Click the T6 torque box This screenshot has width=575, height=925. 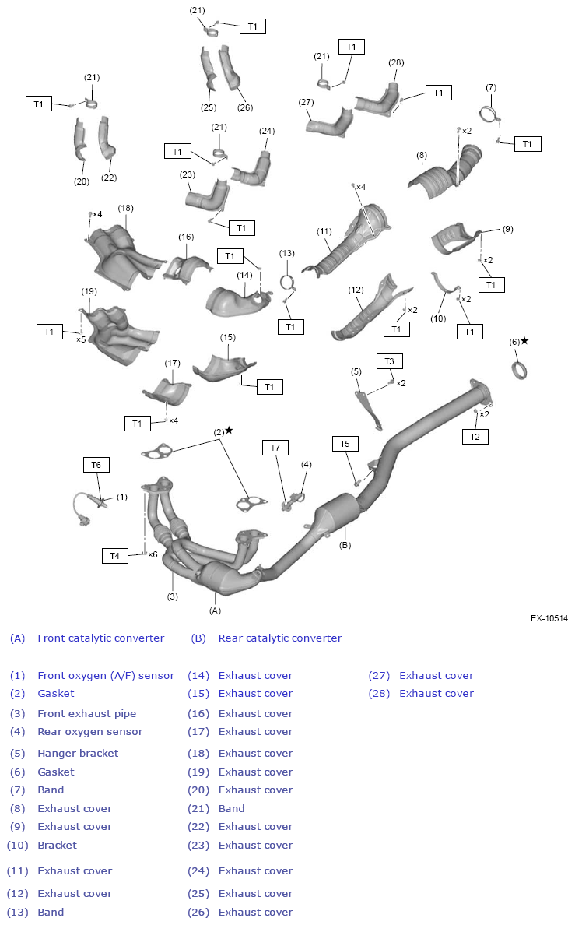(96, 465)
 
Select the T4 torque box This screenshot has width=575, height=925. (114, 556)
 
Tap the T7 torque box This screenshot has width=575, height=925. (275, 448)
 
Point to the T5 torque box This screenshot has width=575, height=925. (345, 444)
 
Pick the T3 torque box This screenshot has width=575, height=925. (390, 361)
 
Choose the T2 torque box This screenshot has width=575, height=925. (475, 437)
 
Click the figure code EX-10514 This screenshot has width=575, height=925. (549, 618)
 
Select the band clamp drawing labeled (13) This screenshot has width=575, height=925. (287, 283)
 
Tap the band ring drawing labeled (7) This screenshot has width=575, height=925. (489, 114)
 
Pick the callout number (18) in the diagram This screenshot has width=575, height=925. (126, 208)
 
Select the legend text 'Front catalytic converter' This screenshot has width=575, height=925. (101, 638)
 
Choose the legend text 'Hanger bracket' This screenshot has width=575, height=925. (78, 754)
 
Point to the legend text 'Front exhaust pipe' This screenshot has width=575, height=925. (87, 714)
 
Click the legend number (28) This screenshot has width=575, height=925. (377, 694)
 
